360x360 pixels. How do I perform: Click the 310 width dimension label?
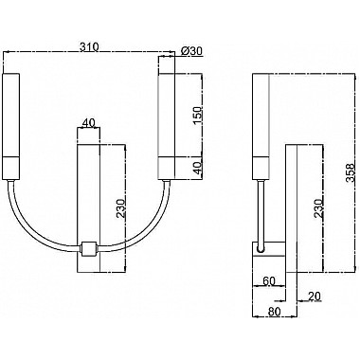tap(89, 47)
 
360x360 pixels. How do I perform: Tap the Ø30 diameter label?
tap(191, 51)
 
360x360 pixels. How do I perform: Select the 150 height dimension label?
tap(197, 116)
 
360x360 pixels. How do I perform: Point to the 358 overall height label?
tap(351, 173)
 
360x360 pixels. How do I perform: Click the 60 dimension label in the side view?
tap(269, 280)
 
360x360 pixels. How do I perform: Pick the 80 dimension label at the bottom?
tap(274, 312)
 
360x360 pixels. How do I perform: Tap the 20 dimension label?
tap(315, 296)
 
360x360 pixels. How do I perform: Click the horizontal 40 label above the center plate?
tap(88, 123)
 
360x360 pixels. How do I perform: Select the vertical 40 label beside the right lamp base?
tap(197, 168)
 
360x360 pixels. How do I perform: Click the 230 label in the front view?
tap(121, 208)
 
